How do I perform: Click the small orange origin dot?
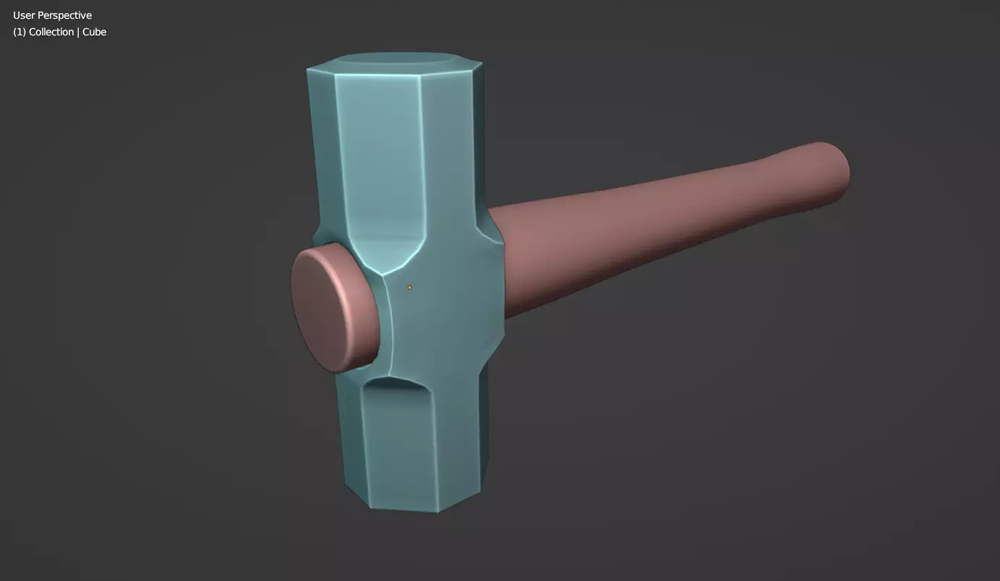[x=409, y=288]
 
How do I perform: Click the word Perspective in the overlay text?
[x=65, y=16]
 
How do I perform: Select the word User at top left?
[x=24, y=15]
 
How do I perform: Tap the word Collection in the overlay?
[x=51, y=32]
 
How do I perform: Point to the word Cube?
[x=94, y=32]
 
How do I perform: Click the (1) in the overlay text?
[x=19, y=32]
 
